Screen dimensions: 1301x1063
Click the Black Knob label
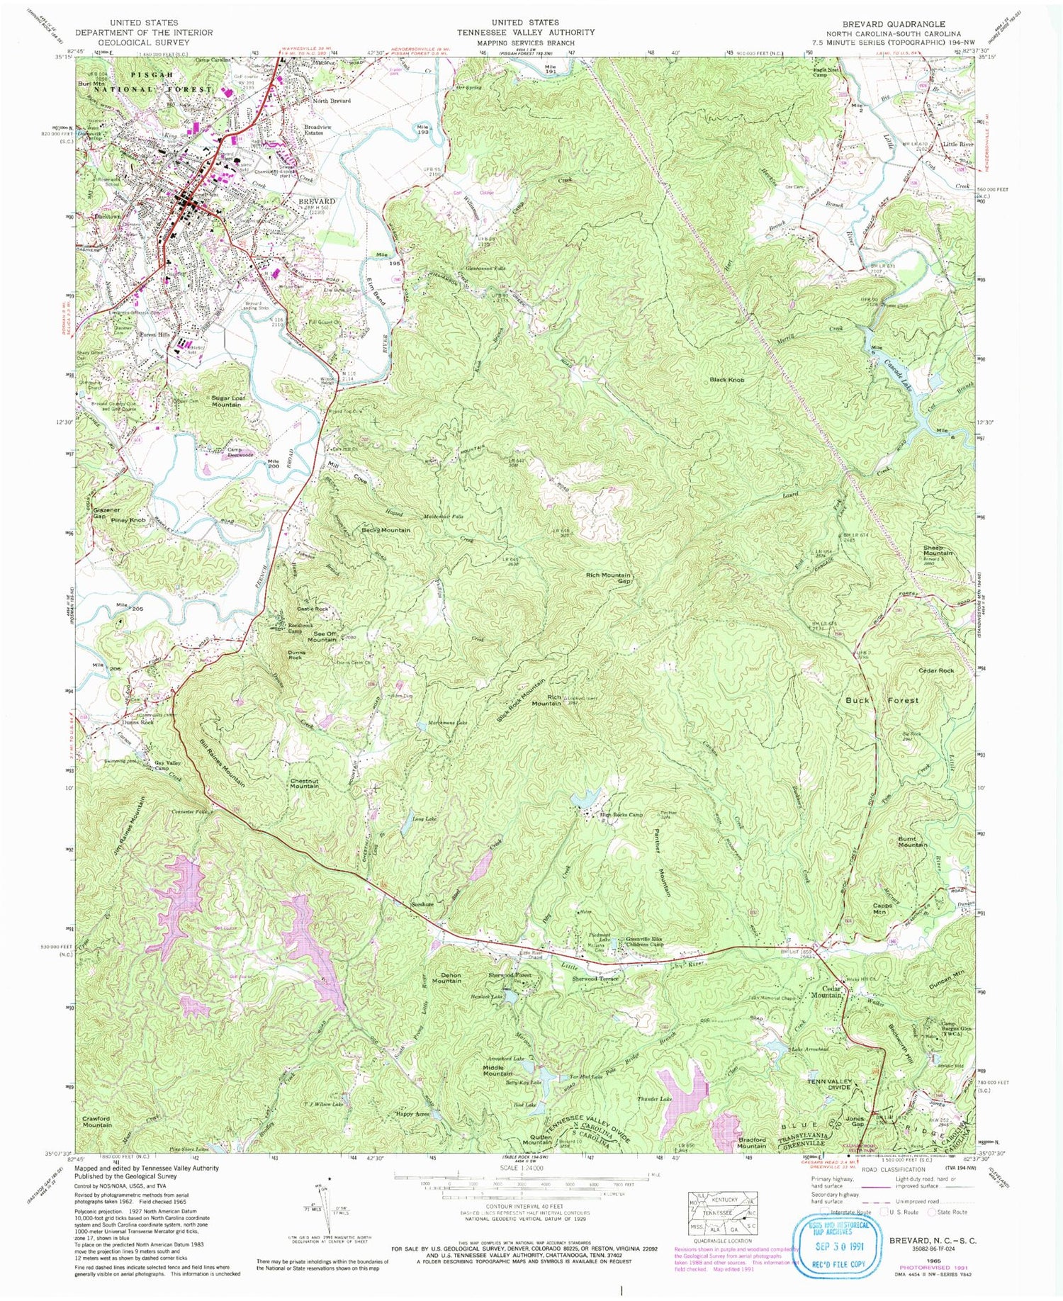727,380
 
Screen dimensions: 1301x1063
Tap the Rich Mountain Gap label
607,578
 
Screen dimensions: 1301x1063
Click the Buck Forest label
882,700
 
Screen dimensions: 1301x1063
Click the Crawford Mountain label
97,1121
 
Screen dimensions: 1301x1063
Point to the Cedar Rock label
936,670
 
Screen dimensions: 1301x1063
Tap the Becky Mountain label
386,530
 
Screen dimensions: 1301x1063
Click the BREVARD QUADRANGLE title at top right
893,23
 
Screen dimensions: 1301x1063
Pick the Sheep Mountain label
938,551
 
